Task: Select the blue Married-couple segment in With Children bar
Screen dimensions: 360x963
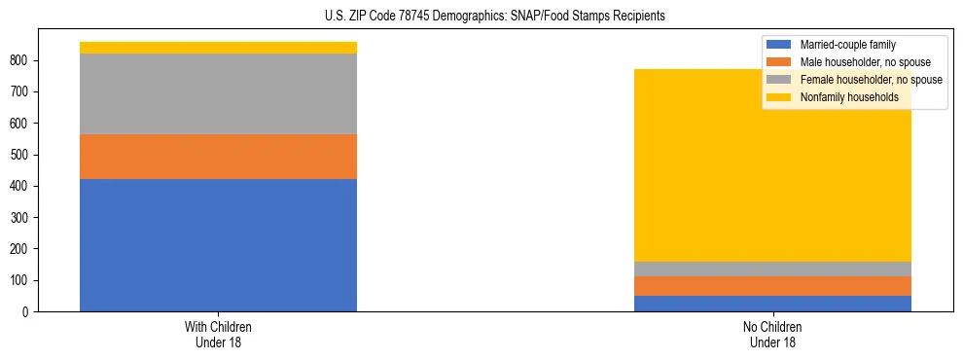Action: point(218,245)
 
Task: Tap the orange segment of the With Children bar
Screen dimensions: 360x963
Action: point(218,157)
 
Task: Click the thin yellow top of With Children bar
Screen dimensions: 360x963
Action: point(218,48)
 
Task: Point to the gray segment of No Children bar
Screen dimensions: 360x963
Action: point(772,269)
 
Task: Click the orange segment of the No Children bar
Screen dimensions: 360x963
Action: point(772,285)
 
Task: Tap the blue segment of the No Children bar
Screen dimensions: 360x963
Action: point(772,304)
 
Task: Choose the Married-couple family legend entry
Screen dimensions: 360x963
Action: point(847,45)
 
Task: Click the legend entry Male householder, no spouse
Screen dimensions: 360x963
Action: point(865,62)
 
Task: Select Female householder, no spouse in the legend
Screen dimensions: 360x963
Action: point(871,80)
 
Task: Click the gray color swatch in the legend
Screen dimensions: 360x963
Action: point(779,80)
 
